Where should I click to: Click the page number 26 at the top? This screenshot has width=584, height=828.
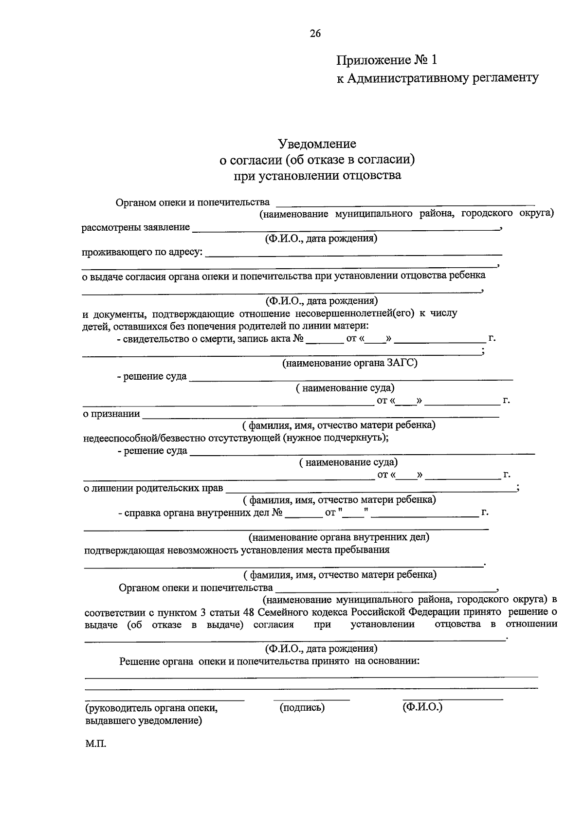315,34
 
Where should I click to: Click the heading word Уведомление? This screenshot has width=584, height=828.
317,144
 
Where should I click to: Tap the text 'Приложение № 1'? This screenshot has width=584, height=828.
387,60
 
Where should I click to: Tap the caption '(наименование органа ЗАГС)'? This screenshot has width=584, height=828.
350,363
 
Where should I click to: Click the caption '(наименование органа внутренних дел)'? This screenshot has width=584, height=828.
339,537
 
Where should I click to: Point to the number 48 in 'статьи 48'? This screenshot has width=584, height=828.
248,612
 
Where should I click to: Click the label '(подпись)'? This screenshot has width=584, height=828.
302,708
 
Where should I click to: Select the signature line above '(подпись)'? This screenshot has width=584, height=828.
311,700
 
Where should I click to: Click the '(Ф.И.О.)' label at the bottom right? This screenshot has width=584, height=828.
422,707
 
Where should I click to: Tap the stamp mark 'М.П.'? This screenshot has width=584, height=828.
95,744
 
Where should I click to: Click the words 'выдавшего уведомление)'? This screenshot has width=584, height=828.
144,720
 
